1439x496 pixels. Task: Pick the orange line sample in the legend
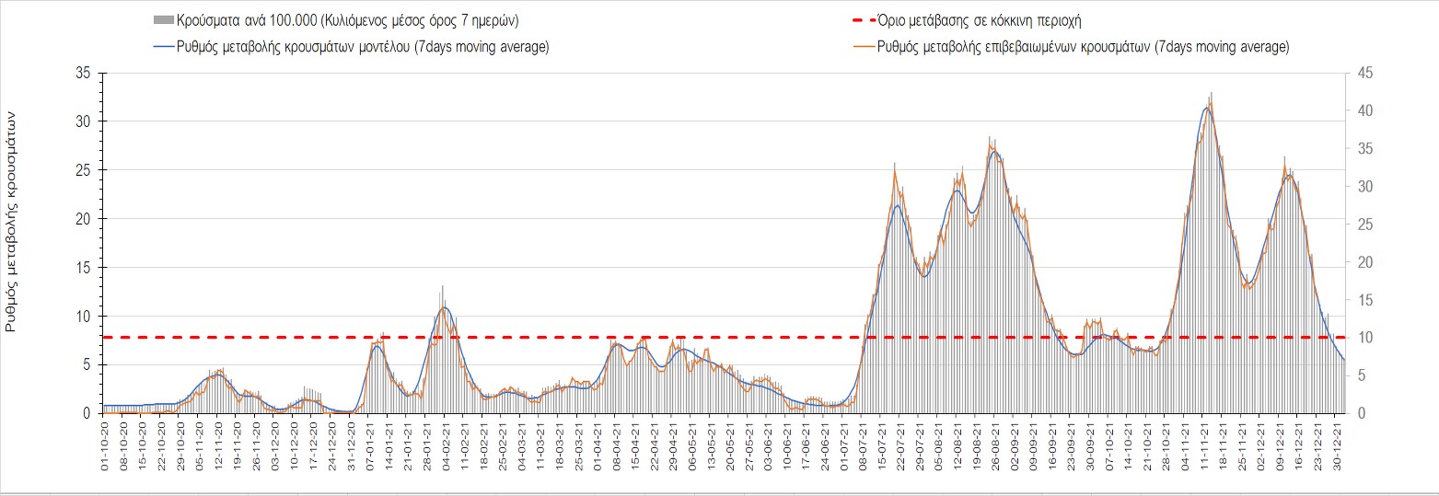click(861, 47)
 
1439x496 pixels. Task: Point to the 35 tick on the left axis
click(84, 73)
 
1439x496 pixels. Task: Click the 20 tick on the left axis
click(84, 219)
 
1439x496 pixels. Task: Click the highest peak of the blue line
click(1207, 108)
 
